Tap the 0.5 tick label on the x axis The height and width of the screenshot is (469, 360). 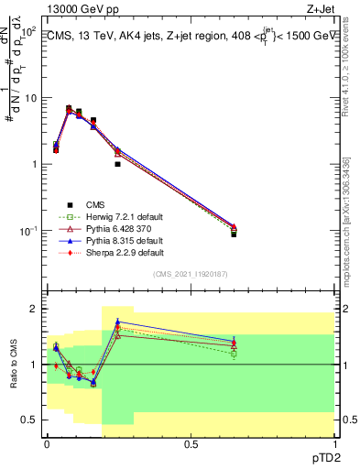(x=191, y=443)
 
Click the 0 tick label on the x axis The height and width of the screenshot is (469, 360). (x=47, y=443)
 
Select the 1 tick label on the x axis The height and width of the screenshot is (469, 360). (x=334, y=443)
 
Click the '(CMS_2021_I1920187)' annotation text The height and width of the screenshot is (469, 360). (x=191, y=274)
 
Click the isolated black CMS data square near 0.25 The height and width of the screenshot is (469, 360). (x=118, y=164)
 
